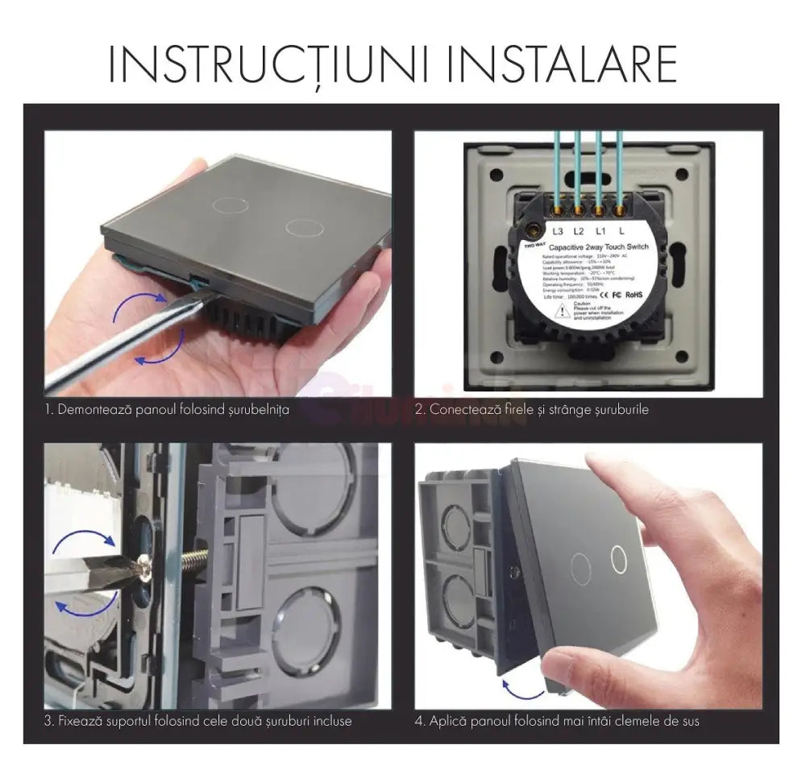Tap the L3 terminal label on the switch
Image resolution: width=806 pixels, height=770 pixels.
(558, 231)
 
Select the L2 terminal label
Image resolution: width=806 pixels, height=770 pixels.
(578, 231)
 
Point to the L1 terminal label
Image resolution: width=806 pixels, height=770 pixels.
(600, 231)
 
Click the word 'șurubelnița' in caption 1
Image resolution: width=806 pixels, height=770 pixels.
(256, 411)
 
